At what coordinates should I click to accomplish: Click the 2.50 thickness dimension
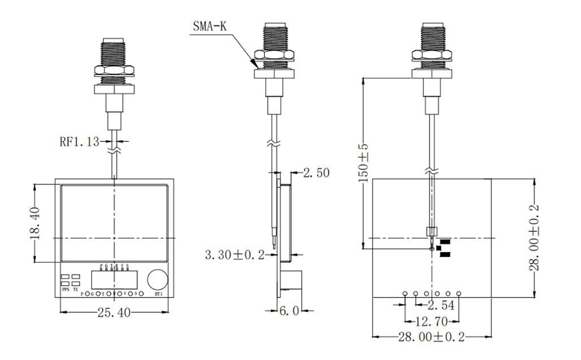316,173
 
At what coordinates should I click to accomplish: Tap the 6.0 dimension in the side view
289,310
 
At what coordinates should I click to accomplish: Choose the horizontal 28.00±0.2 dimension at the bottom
431,337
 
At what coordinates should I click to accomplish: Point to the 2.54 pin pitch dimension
441,305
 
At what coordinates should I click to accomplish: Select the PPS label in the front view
65,290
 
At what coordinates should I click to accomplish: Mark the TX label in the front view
75,290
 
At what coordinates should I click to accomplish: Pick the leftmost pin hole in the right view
404,293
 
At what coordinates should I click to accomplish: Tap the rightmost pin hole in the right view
458,293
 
